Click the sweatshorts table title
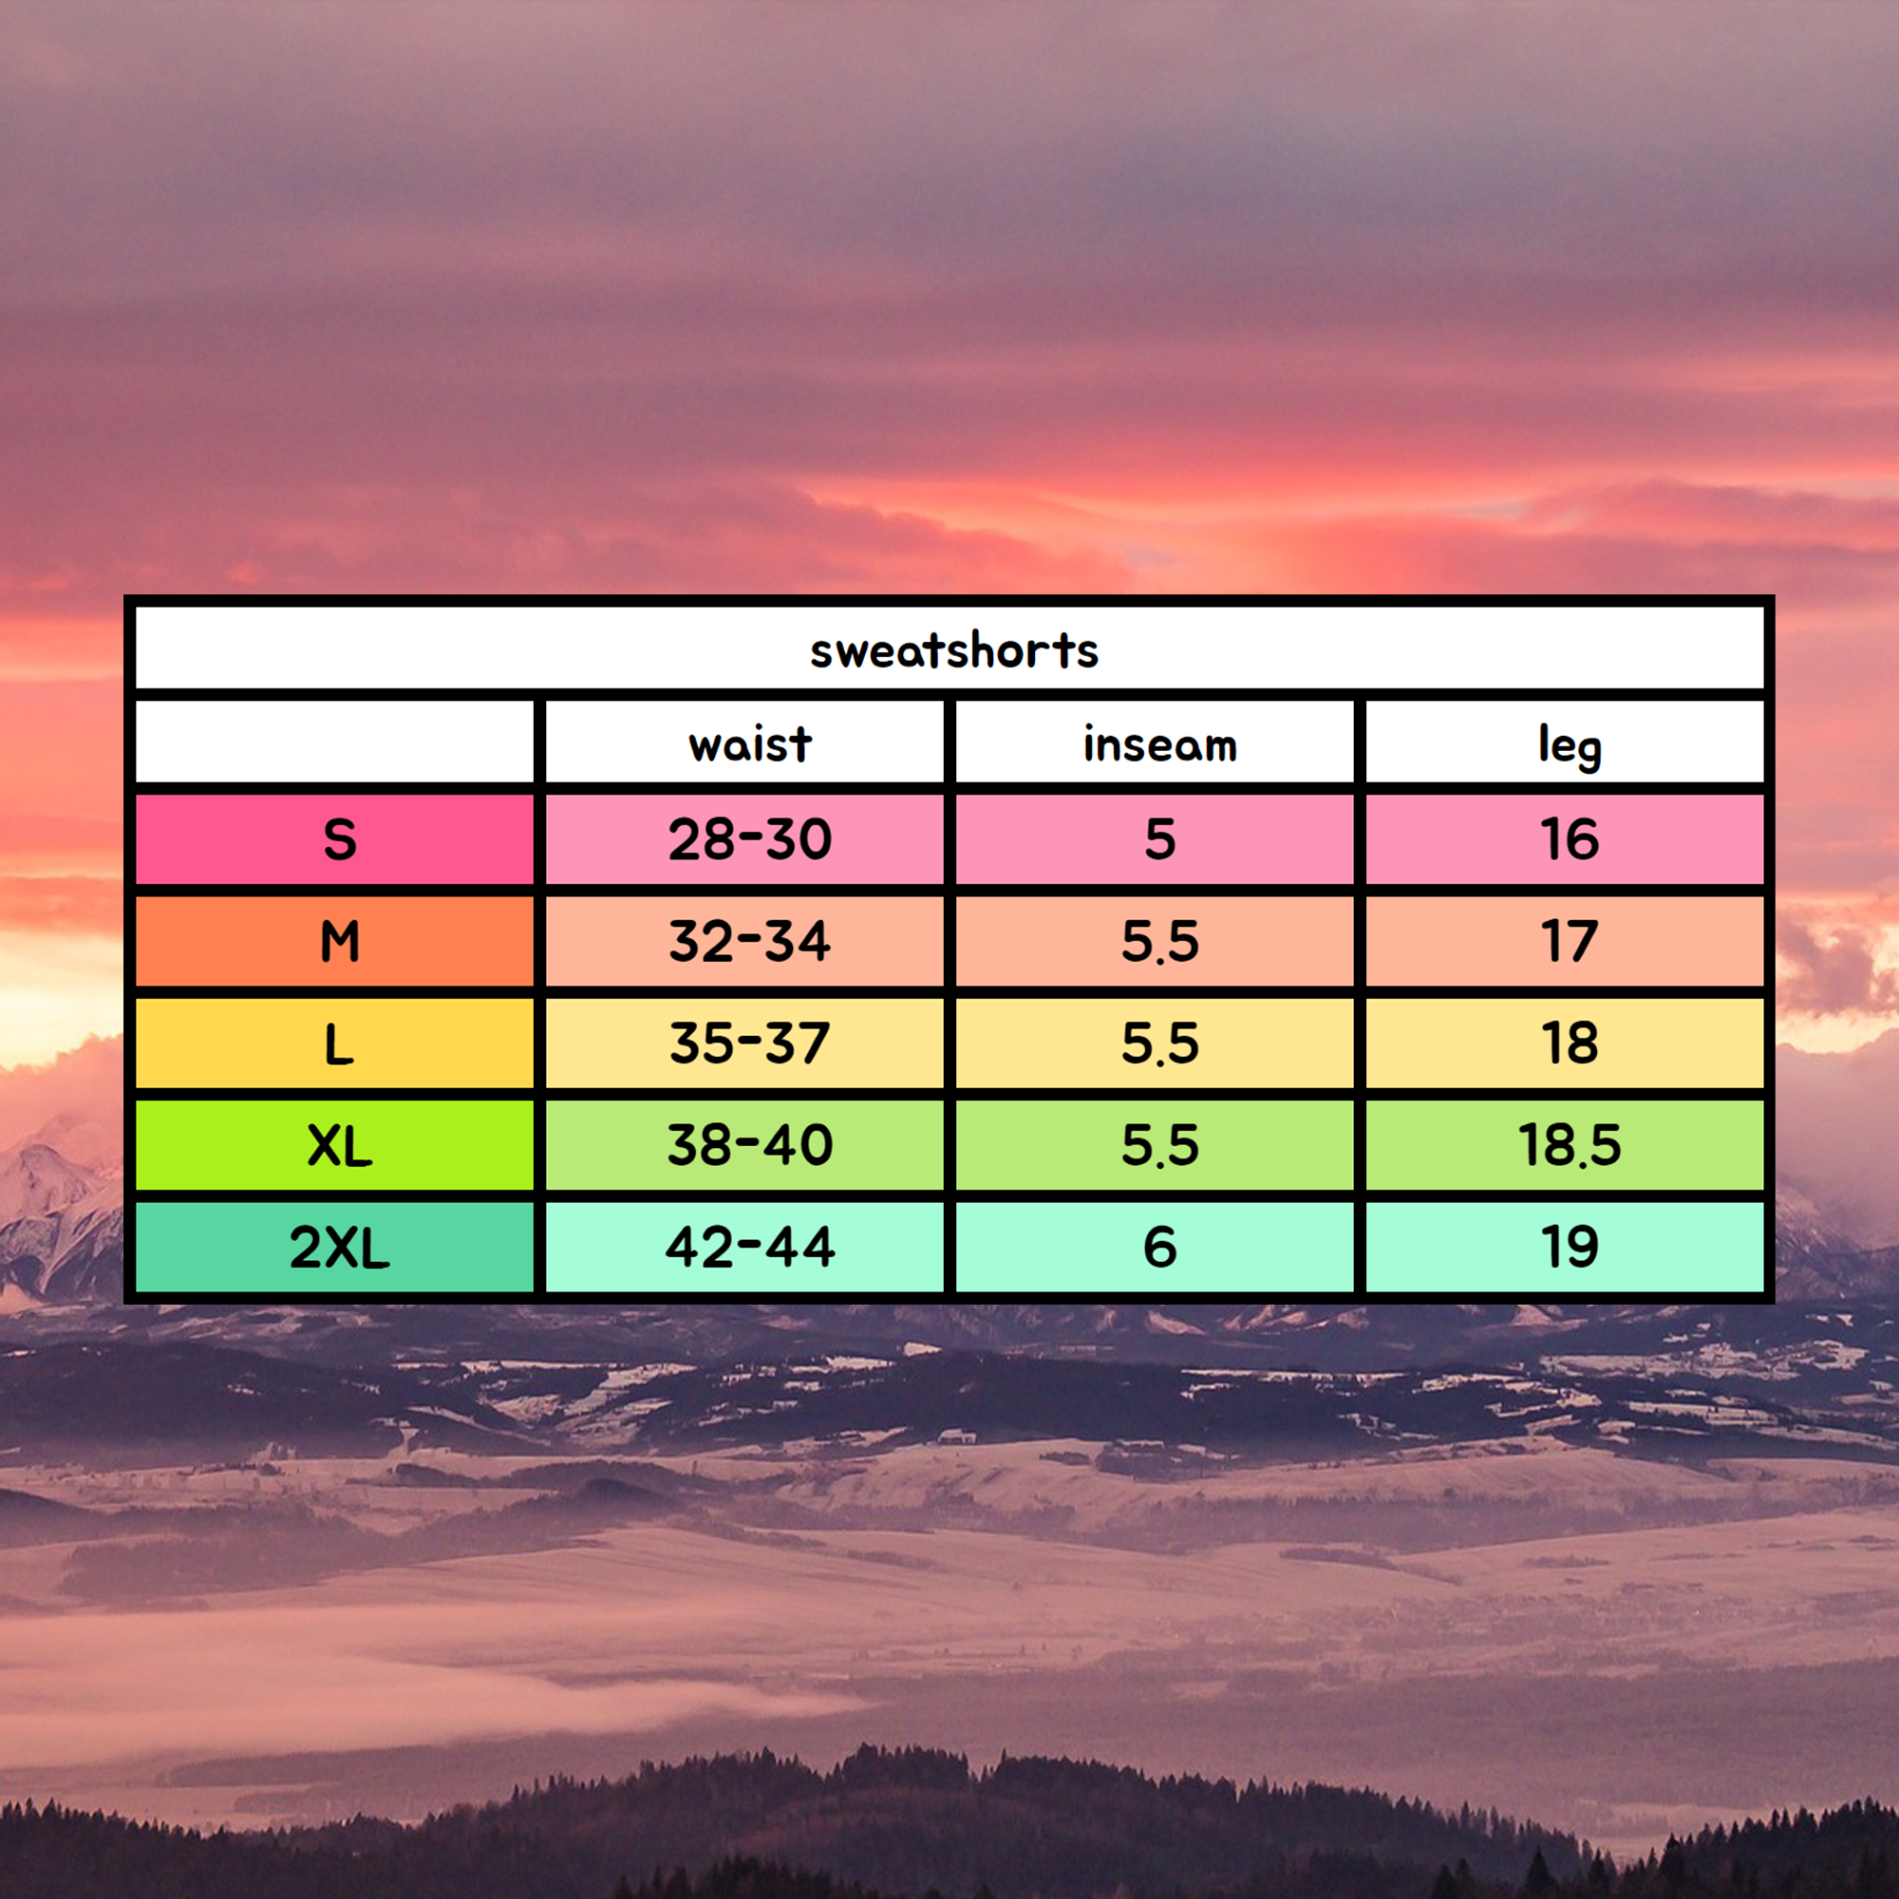[x=953, y=650]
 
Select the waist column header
[x=750, y=744]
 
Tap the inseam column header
[x=1160, y=744]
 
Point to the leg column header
[x=1570, y=747]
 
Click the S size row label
[x=339, y=839]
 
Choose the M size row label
[x=339, y=942]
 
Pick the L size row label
[x=339, y=1044]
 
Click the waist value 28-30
[x=750, y=839]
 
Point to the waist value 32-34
[x=750, y=942]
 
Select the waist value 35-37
[x=750, y=1044]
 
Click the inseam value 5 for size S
[x=1160, y=839]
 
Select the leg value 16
[x=1570, y=839]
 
